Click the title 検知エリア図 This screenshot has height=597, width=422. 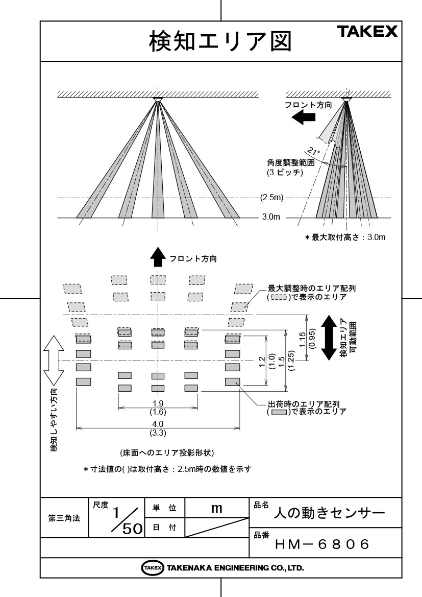pyautogui.click(x=220, y=41)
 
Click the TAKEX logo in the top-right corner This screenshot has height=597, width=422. pyautogui.click(x=367, y=31)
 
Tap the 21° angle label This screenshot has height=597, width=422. pyautogui.click(x=314, y=151)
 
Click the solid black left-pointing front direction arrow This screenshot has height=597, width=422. pyautogui.click(x=303, y=117)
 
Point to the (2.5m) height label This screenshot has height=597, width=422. pyautogui.click(x=271, y=198)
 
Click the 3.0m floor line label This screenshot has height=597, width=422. pyautogui.click(x=271, y=217)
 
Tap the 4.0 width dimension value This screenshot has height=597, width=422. pyautogui.click(x=158, y=424)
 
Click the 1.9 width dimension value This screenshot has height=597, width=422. pyautogui.click(x=158, y=403)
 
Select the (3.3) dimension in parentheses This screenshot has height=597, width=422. pyautogui.click(x=158, y=433)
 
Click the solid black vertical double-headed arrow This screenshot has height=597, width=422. pyautogui.click(x=329, y=338)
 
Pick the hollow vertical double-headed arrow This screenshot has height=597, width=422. pyautogui.click(x=54, y=360)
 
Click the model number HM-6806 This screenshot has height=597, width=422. pyautogui.click(x=322, y=544)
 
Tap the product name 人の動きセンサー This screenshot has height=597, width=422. pyautogui.click(x=330, y=513)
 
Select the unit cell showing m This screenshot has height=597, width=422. pyautogui.click(x=216, y=508)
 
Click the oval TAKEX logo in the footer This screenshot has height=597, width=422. pyautogui.click(x=153, y=568)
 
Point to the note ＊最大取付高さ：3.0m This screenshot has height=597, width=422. pyautogui.click(x=345, y=237)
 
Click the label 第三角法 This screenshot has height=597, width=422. pyautogui.click(x=64, y=518)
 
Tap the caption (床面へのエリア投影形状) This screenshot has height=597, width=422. pyautogui.click(x=167, y=452)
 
